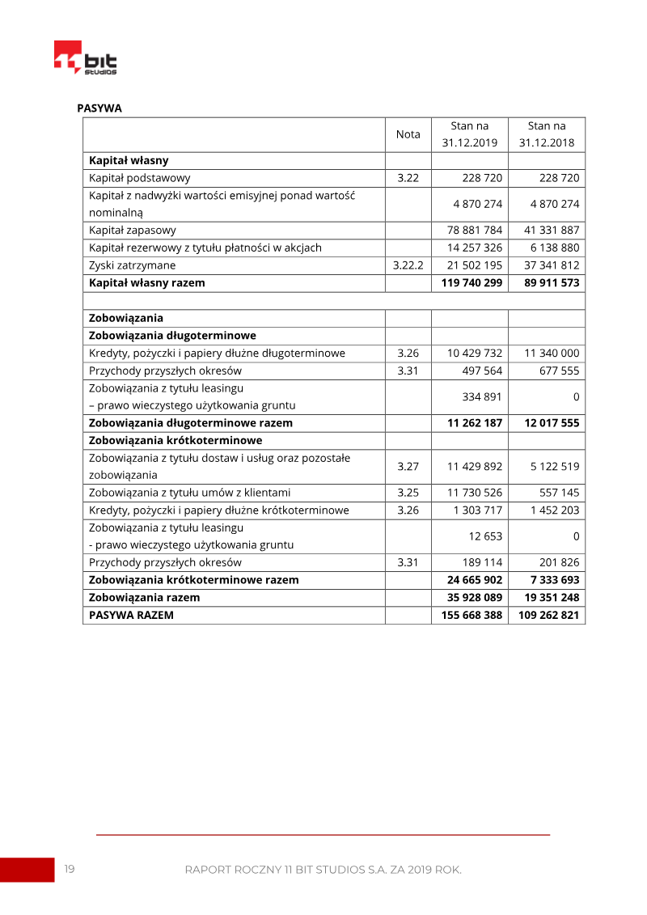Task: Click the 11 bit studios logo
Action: tap(85, 58)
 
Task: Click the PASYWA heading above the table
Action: tap(99, 108)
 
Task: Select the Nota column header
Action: tap(408, 134)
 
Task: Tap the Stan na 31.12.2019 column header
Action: tap(469, 134)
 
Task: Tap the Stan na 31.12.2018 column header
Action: tap(547, 134)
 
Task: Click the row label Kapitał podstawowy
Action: tap(140, 178)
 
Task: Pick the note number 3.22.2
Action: tap(408, 265)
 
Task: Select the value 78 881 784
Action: tap(475, 230)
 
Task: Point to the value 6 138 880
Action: tap(555, 248)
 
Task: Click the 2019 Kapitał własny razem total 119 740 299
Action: tap(472, 283)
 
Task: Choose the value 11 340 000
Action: tap(552, 353)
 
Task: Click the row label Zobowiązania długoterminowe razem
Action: tap(191, 423)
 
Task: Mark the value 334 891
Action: tap(482, 396)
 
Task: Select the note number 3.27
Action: tap(408, 466)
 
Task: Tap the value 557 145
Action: tap(559, 493)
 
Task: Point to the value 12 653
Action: tap(485, 536)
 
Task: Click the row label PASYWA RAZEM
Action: tap(131, 615)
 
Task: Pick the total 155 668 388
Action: tap(472, 615)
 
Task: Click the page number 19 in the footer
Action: tap(70, 869)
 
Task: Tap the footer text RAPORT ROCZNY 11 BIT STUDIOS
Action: tap(323, 870)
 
